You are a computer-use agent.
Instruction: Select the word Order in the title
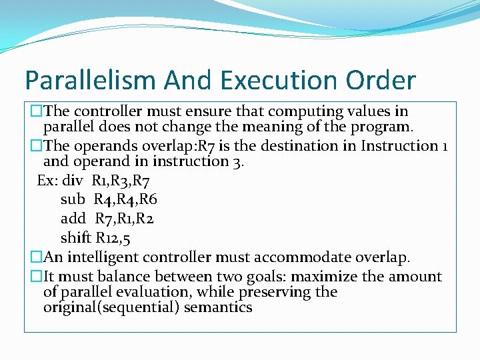[x=381, y=81]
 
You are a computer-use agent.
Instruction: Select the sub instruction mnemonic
[x=73, y=199]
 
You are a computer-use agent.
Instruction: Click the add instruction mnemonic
[x=73, y=219]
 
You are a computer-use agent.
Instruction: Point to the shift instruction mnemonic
[x=75, y=238]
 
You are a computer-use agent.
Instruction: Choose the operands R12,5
[x=116, y=238]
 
